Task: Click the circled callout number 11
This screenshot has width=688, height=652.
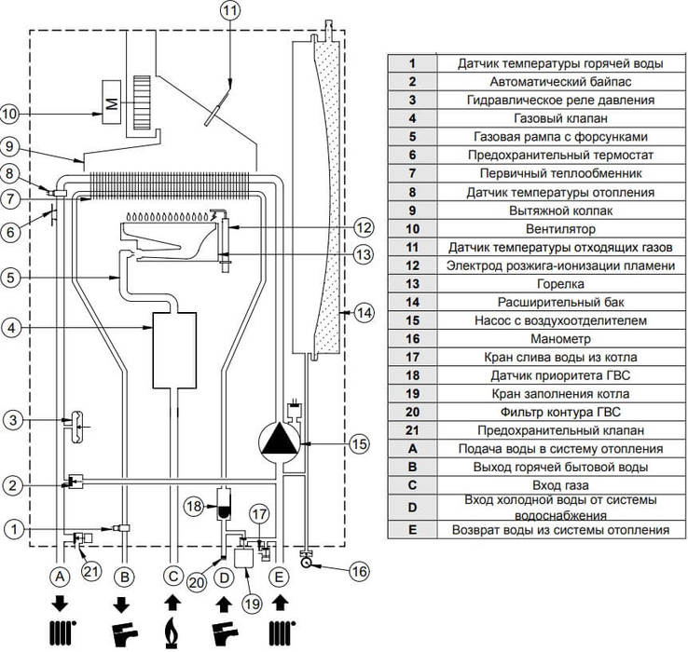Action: (x=231, y=11)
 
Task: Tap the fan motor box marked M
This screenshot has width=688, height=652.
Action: (x=112, y=102)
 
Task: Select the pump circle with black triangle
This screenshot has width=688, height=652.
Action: (x=279, y=441)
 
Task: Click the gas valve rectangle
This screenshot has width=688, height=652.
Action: (x=174, y=350)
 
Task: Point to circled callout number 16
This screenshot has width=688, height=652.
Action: (x=359, y=571)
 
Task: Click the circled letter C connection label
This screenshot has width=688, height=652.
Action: (x=172, y=576)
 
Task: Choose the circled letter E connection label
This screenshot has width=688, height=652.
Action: (x=278, y=577)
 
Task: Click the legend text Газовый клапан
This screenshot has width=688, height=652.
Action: (x=560, y=118)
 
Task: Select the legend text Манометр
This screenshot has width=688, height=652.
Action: (x=560, y=339)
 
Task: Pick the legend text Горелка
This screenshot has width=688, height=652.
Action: (x=560, y=284)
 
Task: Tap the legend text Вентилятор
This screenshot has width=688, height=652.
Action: (x=560, y=229)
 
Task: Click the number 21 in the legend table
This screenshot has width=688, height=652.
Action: (x=412, y=430)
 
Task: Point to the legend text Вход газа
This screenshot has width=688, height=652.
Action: (x=560, y=485)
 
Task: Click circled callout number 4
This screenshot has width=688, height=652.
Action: (x=12, y=328)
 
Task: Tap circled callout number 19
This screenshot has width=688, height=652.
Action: (x=252, y=604)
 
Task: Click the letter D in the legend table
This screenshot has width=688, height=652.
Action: (x=412, y=508)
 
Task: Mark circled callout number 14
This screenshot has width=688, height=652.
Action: (x=364, y=313)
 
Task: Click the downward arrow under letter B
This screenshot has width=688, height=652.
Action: (x=121, y=605)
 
